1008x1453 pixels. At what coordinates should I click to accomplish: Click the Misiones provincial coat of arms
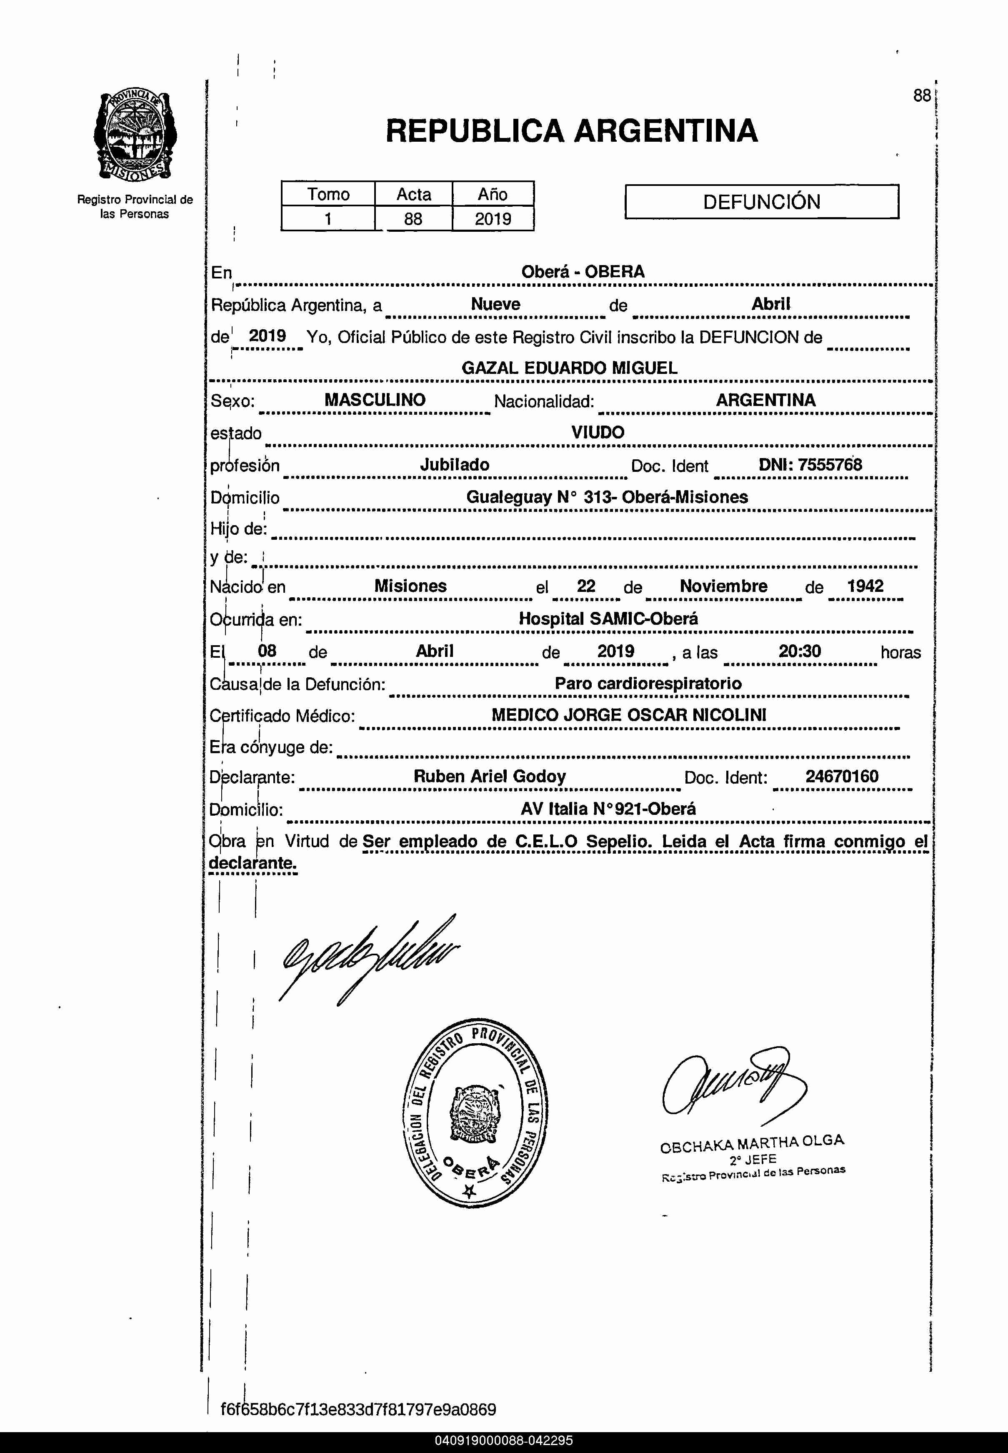(135, 136)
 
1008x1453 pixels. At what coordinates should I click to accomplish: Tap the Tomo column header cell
(328, 194)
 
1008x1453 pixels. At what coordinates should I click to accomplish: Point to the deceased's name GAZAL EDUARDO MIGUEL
(569, 368)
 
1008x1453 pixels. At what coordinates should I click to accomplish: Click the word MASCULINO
(375, 400)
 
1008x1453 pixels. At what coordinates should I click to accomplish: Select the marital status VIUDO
(598, 432)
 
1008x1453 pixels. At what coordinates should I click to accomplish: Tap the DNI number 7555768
(829, 465)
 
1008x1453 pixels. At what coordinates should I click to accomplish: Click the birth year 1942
(865, 586)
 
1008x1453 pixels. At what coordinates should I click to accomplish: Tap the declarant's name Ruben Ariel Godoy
(490, 777)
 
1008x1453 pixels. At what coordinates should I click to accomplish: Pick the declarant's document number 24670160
(841, 777)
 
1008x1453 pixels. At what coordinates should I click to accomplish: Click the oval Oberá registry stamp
(475, 1113)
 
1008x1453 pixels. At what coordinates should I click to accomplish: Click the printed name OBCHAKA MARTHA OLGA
(752, 1143)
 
